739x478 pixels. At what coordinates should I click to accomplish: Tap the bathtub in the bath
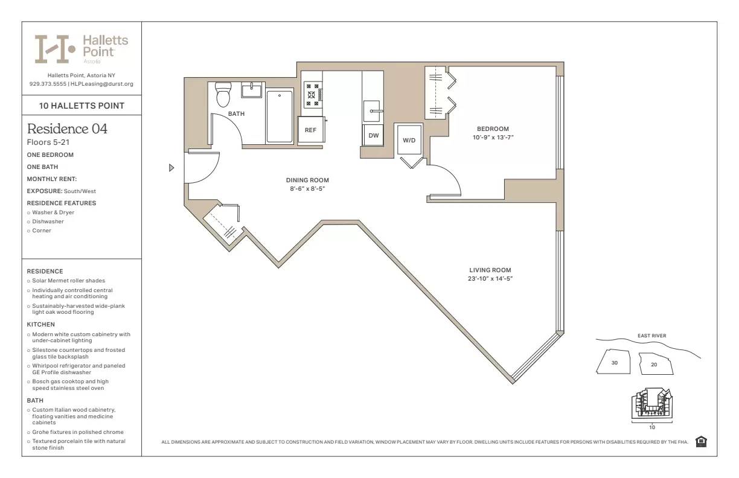(280, 116)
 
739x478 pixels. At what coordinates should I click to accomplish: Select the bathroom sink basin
(251, 91)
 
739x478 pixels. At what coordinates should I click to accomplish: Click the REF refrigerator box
(310, 130)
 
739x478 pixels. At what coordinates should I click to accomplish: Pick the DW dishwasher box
(374, 136)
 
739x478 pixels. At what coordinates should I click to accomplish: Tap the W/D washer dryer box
(409, 140)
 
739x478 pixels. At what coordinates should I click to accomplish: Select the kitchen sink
(371, 111)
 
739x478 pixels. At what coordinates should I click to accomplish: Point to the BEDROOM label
(493, 129)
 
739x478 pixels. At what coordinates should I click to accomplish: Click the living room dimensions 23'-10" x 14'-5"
(490, 279)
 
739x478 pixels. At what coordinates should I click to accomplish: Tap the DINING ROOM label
(307, 180)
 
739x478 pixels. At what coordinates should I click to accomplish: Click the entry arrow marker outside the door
(171, 168)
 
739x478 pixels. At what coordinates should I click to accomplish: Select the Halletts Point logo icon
(54, 49)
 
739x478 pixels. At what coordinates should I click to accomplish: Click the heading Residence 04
(67, 129)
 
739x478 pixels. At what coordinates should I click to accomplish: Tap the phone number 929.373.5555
(48, 84)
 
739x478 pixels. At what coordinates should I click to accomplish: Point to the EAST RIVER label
(651, 336)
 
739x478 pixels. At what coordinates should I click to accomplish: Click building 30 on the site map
(614, 363)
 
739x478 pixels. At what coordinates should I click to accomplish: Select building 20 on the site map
(654, 364)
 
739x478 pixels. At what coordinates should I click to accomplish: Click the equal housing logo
(701, 442)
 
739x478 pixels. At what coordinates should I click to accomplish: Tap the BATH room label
(236, 113)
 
